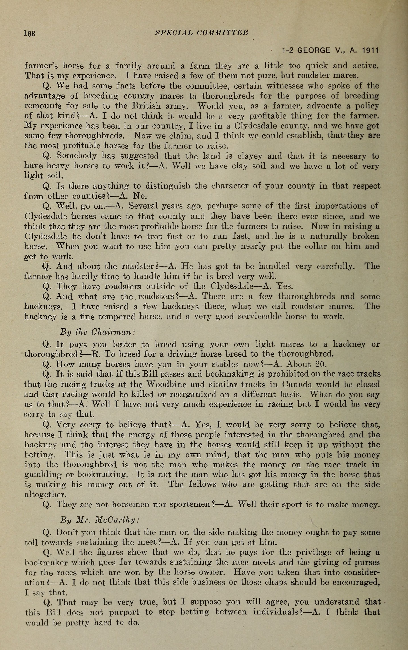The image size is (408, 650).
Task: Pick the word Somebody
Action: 76,156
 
